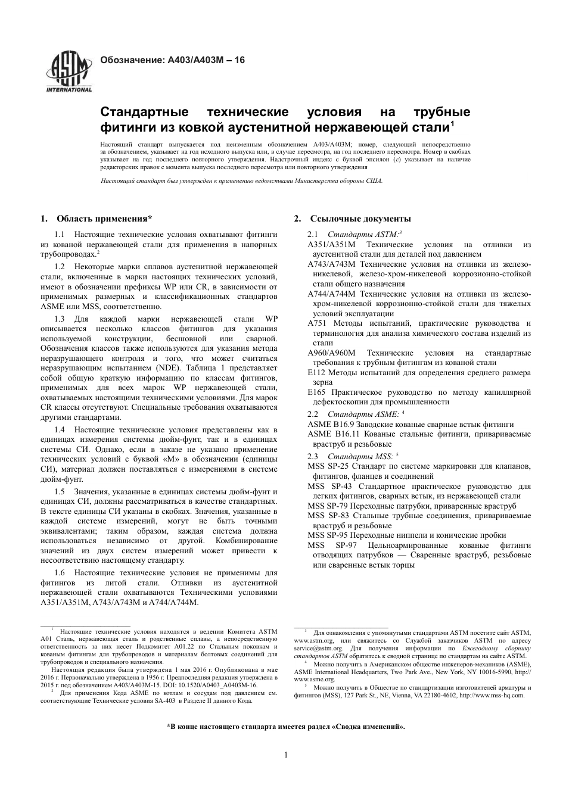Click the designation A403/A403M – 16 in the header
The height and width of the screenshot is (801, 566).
point(172,60)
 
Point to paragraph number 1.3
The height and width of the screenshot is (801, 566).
point(60,319)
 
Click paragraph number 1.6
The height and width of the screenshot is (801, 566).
point(60,573)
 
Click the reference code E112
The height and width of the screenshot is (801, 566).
point(316,373)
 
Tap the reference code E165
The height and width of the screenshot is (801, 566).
point(316,392)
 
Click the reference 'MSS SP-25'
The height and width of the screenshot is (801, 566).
point(328,466)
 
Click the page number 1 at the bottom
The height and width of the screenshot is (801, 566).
point(285,755)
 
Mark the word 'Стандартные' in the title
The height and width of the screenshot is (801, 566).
point(144,113)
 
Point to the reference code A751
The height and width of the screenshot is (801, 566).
point(316,323)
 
